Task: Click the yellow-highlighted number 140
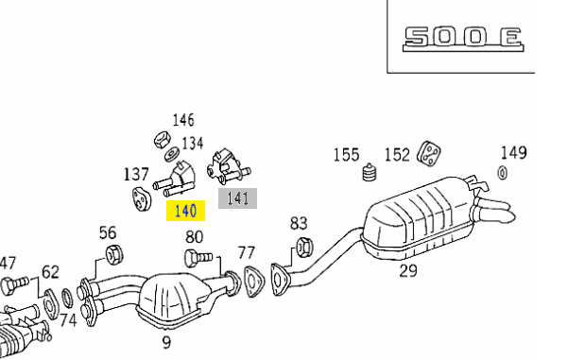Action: click(x=185, y=211)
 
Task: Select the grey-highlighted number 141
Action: click(x=237, y=198)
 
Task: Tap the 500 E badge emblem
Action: click(x=463, y=39)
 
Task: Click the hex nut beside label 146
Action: click(x=161, y=140)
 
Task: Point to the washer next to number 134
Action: click(x=172, y=154)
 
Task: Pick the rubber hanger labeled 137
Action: click(x=141, y=198)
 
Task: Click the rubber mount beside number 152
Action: click(x=429, y=154)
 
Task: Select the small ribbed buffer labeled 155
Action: click(x=370, y=172)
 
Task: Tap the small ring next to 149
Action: click(x=503, y=173)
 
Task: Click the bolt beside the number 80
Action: click(x=198, y=258)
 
